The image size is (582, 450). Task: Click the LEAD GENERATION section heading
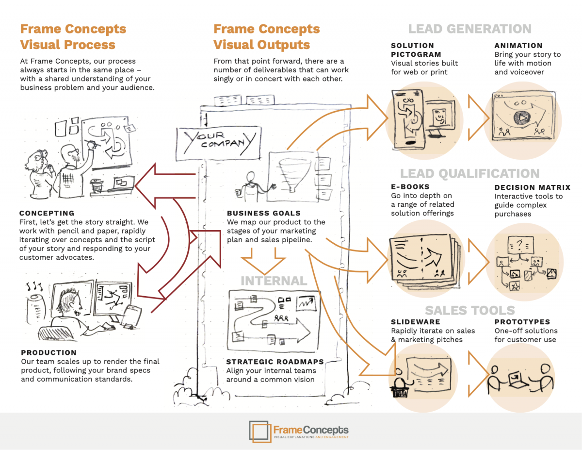pos(469,29)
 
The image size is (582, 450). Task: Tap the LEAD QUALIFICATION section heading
pos(469,174)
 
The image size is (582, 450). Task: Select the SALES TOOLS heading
pos(469,310)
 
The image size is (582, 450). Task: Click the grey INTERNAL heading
pos(274,281)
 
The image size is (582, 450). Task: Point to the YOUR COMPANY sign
pos(217,140)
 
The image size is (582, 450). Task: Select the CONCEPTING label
pos(47,213)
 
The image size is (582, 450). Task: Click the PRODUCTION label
pos(49,352)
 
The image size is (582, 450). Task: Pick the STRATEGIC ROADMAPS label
pos(275,362)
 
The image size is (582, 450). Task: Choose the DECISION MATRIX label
pos(533,187)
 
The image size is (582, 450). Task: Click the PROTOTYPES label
pos(522,322)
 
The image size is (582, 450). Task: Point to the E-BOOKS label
pos(410,186)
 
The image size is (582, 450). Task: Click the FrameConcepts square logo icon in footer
pos(260,432)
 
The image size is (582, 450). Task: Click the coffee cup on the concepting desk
pos(96,185)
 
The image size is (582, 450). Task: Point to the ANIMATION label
pos(518,46)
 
